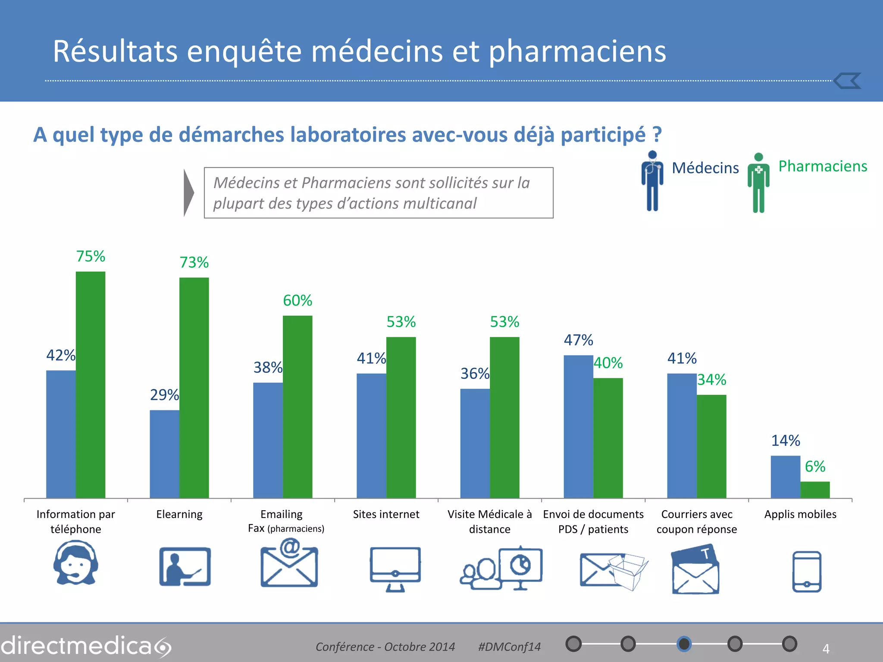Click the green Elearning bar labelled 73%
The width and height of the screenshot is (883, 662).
194,387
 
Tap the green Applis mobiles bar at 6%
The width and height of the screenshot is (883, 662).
815,490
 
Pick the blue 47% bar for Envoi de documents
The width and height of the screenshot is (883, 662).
578,427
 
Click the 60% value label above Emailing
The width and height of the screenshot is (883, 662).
297,300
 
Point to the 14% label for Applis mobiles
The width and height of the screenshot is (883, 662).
785,440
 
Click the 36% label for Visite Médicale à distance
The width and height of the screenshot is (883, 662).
475,373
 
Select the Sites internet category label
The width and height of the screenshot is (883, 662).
386,514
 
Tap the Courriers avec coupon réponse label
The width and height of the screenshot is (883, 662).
697,521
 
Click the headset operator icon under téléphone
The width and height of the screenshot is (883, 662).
76,564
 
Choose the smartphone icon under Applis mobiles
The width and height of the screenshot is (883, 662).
807,571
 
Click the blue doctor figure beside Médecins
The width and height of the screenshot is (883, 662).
652,181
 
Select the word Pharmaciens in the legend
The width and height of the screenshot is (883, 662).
822,166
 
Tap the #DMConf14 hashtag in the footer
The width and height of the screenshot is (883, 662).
509,646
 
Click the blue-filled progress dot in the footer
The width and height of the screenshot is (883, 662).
684,644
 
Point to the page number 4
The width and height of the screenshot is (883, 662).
826,648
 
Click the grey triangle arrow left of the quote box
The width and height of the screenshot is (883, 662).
188,193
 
